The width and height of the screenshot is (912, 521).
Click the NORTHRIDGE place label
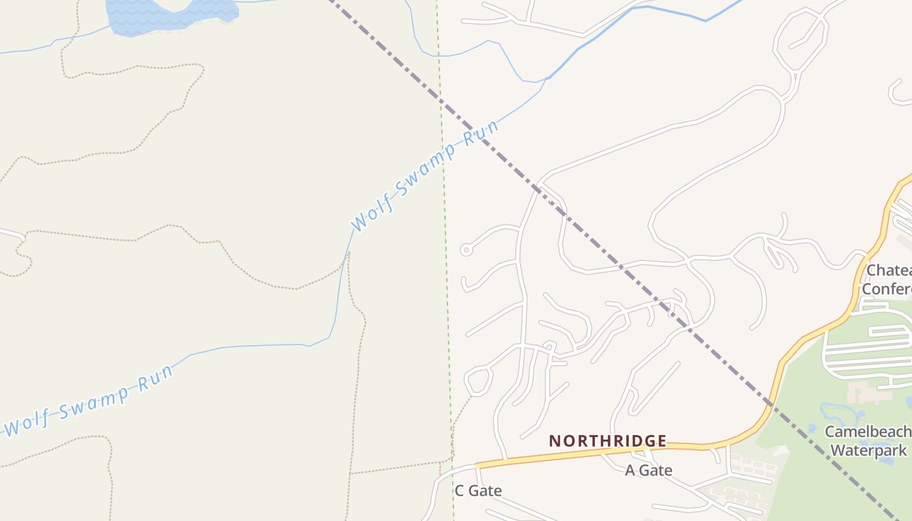click(x=608, y=441)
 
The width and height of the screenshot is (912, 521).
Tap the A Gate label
click(x=648, y=470)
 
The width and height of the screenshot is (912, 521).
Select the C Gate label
click(x=478, y=490)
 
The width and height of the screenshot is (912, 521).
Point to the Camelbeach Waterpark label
click(x=868, y=441)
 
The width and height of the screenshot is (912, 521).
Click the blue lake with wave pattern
click(x=169, y=14)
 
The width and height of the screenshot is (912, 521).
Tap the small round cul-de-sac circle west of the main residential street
click(x=465, y=249)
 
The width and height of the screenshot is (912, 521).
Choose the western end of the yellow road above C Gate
click(x=478, y=465)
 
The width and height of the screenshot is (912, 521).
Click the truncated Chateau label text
click(x=889, y=270)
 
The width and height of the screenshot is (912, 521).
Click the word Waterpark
click(x=868, y=450)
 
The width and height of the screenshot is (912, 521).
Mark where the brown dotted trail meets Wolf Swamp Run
click(x=346, y=255)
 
